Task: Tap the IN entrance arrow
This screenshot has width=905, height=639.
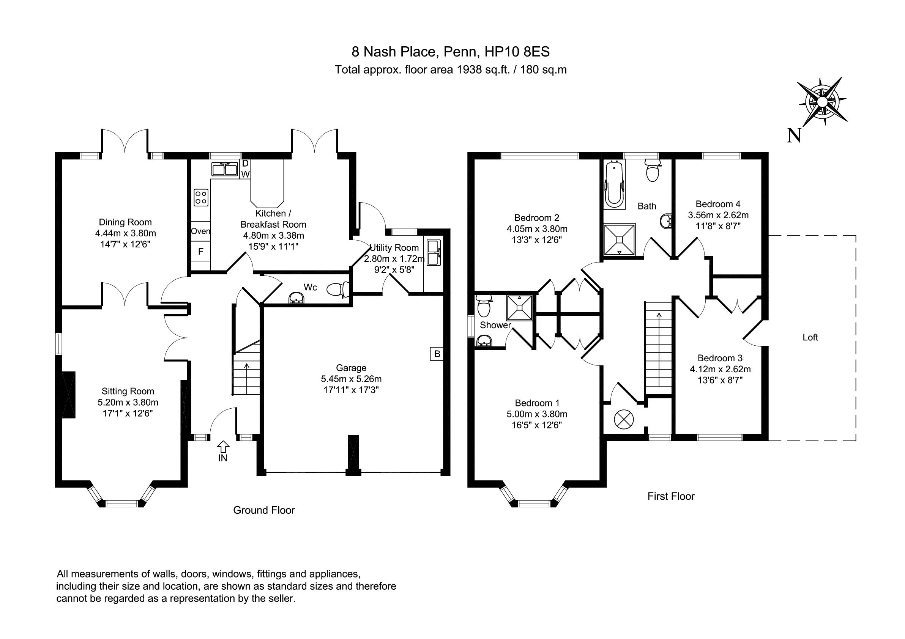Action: [223, 447]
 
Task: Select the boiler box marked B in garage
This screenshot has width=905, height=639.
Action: [437, 354]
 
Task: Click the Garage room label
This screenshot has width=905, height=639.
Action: [351, 368]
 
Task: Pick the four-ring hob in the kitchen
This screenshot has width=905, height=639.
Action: [201, 197]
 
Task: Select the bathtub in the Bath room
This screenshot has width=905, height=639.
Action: [614, 184]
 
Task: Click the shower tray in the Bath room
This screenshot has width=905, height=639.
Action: [620, 239]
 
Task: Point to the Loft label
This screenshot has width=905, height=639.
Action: [810, 337]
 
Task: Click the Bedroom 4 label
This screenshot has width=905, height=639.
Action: [718, 204]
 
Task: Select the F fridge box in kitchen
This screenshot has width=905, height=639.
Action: [201, 251]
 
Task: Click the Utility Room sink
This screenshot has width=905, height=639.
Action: [433, 252]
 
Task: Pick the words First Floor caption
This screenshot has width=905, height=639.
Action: [671, 496]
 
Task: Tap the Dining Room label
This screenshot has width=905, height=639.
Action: [125, 222]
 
